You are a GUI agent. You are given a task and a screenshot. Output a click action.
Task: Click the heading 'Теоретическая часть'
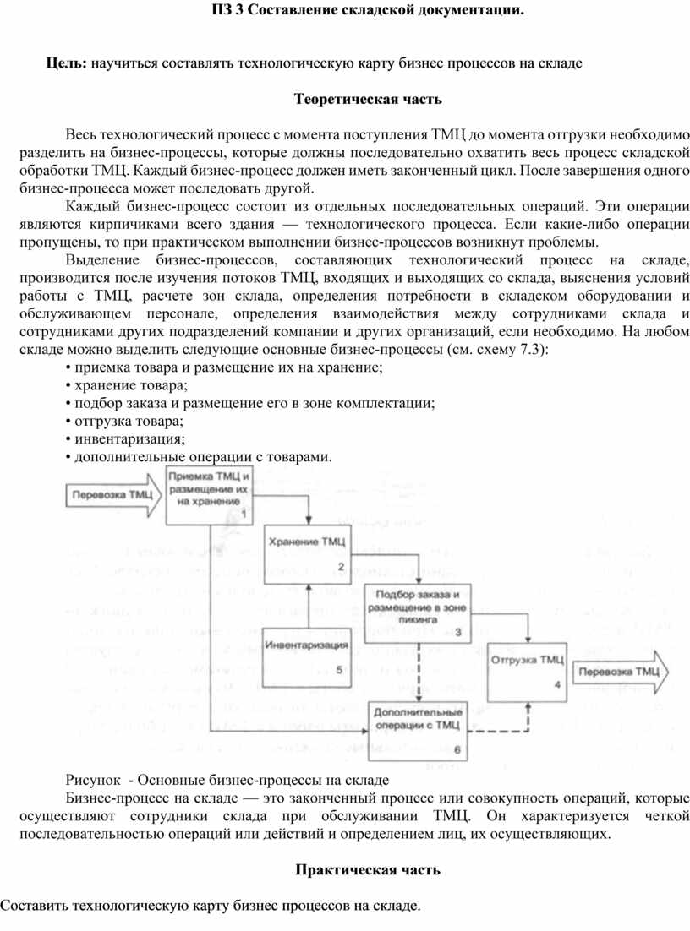(368, 99)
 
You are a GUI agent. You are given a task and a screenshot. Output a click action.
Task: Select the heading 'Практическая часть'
(368, 870)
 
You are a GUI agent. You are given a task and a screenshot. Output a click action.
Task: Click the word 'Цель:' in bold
(67, 63)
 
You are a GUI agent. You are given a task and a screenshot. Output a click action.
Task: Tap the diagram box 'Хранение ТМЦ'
(307, 554)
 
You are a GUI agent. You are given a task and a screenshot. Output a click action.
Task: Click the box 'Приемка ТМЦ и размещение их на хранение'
(209, 495)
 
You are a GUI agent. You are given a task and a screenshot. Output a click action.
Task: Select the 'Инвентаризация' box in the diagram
(307, 658)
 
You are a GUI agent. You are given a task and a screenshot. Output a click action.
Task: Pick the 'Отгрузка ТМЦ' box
(527, 672)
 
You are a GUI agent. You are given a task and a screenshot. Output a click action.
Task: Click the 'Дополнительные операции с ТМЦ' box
(418, 731)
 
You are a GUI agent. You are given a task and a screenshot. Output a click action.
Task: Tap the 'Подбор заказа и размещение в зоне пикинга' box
(417, 613)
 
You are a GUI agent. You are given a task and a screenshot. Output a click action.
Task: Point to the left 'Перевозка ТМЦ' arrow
(113, 495)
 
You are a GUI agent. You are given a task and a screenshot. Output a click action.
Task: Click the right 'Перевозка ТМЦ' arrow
(620, 672)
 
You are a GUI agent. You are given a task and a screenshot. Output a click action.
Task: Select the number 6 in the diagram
(457, 750)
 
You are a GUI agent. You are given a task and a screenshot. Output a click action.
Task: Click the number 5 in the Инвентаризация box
(339, 670)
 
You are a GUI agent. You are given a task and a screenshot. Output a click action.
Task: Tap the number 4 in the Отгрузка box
(557, 684)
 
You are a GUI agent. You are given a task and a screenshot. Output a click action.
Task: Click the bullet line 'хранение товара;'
(126, 385)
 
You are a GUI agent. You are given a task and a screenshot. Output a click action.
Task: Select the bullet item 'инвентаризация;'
(125, 438)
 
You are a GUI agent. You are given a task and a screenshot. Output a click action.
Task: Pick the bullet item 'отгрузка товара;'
(124, 421)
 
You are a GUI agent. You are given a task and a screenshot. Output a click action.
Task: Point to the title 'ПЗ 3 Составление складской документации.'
(368, 10)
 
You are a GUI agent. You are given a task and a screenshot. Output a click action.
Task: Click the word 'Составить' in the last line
(34, 906)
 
